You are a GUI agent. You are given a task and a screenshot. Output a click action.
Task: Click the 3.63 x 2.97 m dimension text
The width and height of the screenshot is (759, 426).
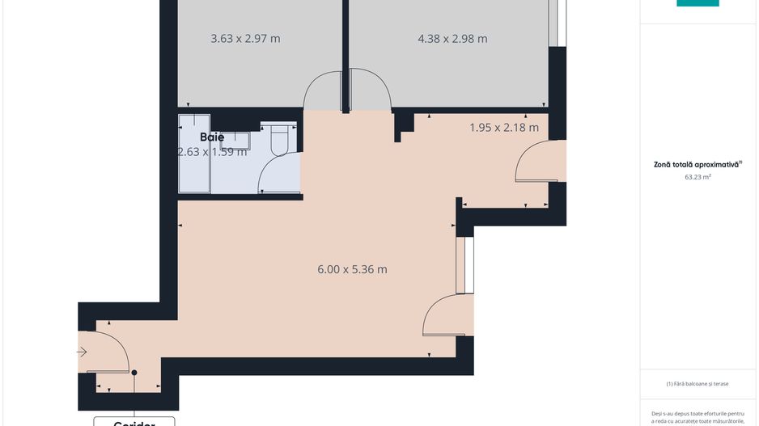[245, 38]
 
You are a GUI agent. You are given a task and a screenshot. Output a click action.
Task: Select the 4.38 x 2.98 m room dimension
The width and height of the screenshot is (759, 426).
[452, 38]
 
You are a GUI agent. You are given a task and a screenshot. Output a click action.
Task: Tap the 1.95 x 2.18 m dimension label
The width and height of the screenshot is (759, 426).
[504, 127]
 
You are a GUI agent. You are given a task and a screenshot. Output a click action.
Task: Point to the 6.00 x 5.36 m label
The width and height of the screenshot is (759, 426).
[352, 269]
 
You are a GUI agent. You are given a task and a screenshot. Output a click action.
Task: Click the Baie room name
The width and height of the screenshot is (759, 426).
[212, 137]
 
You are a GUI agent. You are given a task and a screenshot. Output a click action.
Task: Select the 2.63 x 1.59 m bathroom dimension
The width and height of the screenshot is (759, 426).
[212, 151]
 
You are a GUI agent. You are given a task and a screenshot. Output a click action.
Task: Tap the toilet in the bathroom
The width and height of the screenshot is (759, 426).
[279, 139]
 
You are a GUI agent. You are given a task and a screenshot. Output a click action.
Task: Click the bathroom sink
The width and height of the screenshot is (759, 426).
[236, 141]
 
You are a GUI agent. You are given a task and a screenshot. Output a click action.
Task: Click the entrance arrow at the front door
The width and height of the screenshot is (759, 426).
[83, 352]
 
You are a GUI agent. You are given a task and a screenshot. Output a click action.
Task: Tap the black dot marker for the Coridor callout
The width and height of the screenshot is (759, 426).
[134, 373]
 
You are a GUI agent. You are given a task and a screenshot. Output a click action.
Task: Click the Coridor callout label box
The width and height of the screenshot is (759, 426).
[134, 421]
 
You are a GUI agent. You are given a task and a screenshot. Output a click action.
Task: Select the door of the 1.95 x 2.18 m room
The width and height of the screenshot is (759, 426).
[533, 162]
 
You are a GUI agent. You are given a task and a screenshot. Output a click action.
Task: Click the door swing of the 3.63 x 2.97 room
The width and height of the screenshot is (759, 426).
[322, 90]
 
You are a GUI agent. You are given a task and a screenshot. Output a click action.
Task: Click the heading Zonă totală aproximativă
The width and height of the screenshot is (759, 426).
[697, 164]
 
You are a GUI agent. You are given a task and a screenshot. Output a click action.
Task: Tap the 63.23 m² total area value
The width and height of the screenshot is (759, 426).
[697, 176]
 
